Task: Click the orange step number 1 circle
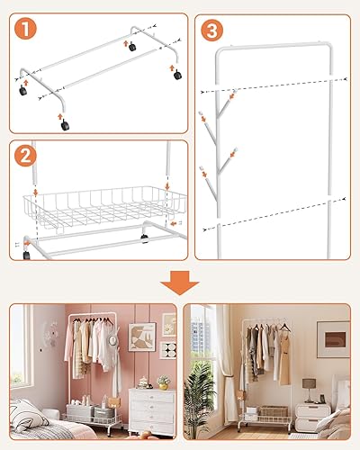25,29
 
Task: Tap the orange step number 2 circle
25,156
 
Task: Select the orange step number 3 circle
211,31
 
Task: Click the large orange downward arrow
180,283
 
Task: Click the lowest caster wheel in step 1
65,125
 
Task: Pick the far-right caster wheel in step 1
177,75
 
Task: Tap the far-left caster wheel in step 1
22,90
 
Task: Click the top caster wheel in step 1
132,47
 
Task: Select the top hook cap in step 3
234,91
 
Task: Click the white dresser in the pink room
152,412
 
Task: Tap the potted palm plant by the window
200,399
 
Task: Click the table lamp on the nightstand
309,390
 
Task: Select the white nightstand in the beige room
312,417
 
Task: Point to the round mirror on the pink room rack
112,340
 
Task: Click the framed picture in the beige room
334,339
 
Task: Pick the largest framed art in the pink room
142,337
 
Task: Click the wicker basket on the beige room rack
274,411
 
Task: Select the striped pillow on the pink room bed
28,416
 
